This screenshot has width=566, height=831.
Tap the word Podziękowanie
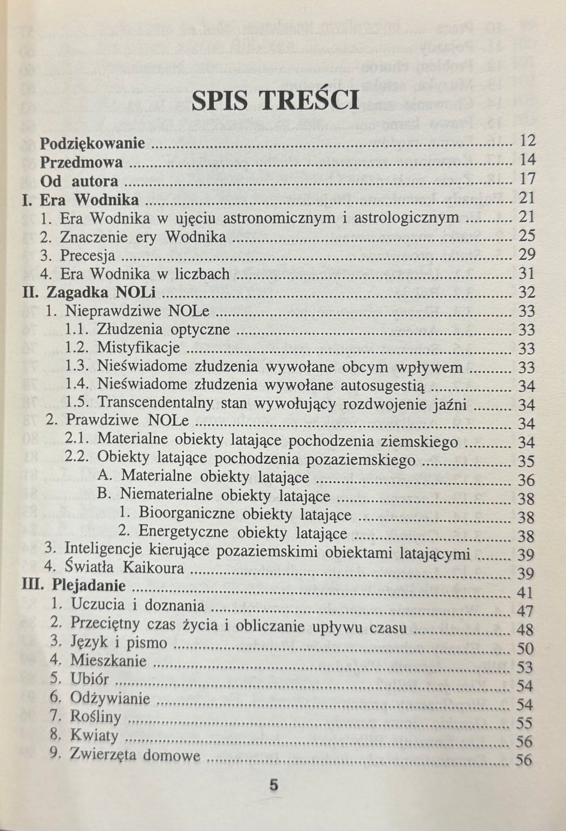(92, 143)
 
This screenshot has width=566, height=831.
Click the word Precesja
(88, 256)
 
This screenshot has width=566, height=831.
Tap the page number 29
(526, 255)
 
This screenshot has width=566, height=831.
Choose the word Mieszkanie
(108, 661)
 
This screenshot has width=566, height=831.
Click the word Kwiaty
(94, 736)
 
